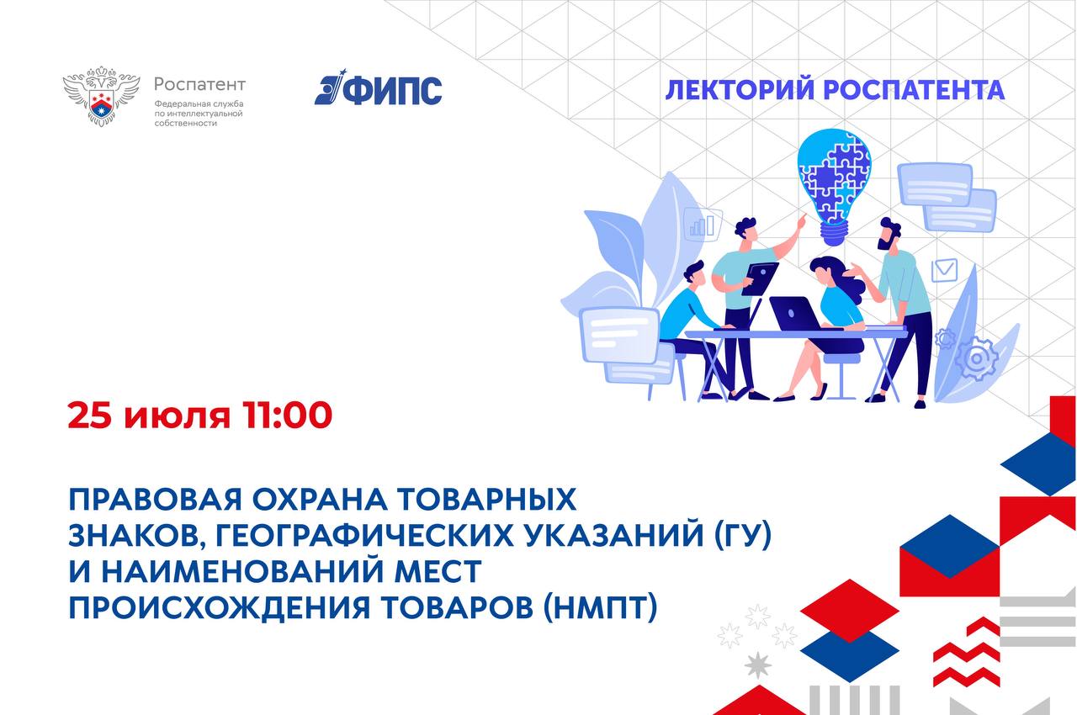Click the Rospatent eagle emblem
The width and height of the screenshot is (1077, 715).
[102, 96]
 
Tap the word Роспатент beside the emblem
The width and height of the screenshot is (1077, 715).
[199, 85]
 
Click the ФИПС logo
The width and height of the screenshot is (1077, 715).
[378, 87]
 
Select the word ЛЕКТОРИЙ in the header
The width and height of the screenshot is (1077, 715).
[740, 90]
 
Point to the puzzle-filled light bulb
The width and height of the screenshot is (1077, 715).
[834, 187]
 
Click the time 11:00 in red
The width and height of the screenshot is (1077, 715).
[287, 416]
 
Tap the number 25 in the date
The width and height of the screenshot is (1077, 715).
[89, 416]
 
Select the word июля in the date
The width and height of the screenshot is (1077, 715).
[177, 417]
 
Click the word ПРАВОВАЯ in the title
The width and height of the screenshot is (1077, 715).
[156, 500]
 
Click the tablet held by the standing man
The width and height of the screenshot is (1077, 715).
[759, 278]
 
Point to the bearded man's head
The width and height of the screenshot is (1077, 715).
[889, 234]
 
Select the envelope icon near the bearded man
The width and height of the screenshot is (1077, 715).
[944, 270]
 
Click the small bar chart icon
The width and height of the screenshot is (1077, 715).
[703, 225]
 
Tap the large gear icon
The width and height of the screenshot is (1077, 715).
[976, 358]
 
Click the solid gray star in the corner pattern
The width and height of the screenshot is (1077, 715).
[758, 665]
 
